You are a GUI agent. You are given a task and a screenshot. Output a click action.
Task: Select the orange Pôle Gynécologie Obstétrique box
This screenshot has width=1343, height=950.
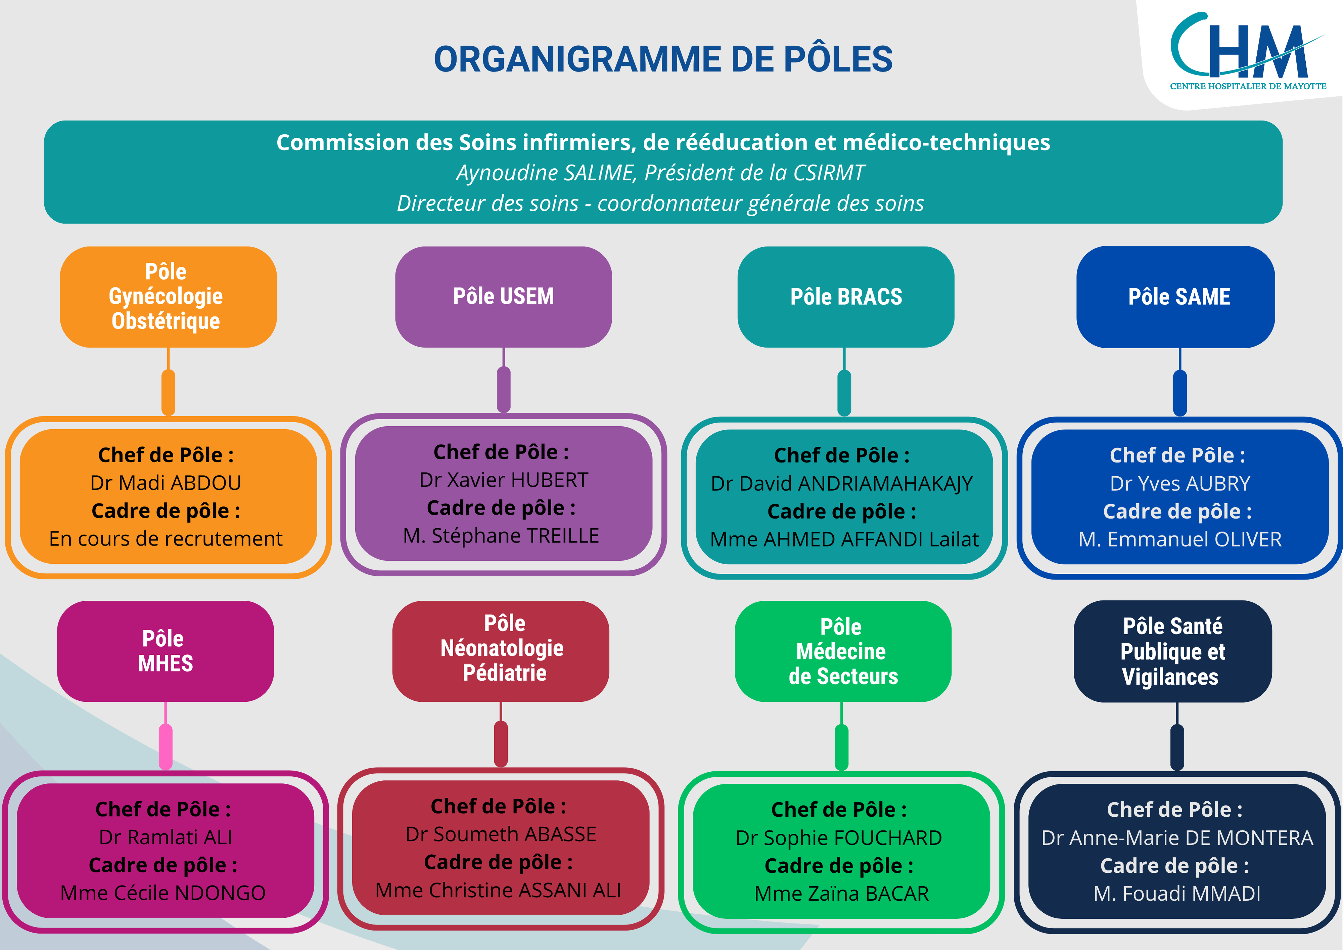pos(169,297)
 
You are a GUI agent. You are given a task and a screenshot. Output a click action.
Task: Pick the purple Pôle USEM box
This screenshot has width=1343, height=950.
pos(504,297)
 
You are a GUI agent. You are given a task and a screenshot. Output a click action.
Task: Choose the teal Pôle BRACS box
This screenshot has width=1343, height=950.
pos(846,297)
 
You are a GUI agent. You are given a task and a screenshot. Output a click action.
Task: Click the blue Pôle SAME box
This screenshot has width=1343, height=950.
pos(1176,297)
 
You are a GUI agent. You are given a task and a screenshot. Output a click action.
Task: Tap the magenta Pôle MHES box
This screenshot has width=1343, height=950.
pos(166,651)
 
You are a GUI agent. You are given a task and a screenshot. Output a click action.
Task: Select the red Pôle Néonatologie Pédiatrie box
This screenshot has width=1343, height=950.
pos(501,651)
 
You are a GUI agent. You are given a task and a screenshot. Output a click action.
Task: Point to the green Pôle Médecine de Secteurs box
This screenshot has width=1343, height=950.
pos(843,651)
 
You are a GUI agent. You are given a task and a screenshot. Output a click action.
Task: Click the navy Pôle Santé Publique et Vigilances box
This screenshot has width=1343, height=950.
pos(1173,651)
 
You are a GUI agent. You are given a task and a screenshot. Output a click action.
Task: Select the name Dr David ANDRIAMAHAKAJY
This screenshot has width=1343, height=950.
pos(842,483)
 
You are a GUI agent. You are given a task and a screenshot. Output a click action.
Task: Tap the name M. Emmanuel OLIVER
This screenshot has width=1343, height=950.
pos(1180,539)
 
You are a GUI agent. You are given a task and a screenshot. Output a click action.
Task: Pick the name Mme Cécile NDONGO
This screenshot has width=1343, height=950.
pos(163,893)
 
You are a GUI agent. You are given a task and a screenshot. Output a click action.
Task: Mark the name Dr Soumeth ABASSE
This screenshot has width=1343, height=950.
pos(501,834)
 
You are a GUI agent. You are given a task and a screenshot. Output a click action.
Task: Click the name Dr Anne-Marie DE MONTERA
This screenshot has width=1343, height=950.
pos(1177,837)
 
